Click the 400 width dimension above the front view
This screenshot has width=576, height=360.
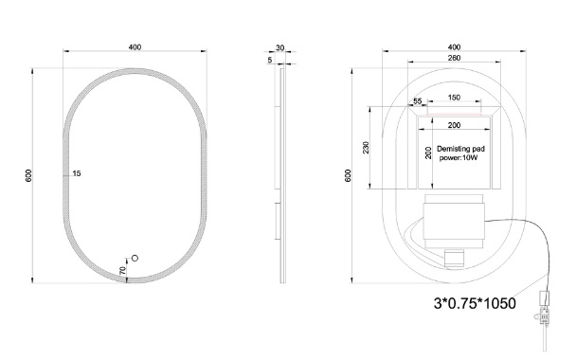tap(135, 47)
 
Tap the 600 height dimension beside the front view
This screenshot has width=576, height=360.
tap(28, 175)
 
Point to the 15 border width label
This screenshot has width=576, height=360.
tap(77, 173)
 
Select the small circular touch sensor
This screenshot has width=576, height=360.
tap(135, 259)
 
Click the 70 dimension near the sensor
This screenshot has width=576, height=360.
tap(123, 271)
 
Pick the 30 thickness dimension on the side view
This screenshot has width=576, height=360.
tap(279, 47)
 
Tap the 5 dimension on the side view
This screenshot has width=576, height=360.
tap(270, 60)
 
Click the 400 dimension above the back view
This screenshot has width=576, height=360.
tap(454, 47)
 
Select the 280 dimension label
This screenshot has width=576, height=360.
tap(454, 58)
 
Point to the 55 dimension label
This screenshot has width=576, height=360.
tap(418, 101)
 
